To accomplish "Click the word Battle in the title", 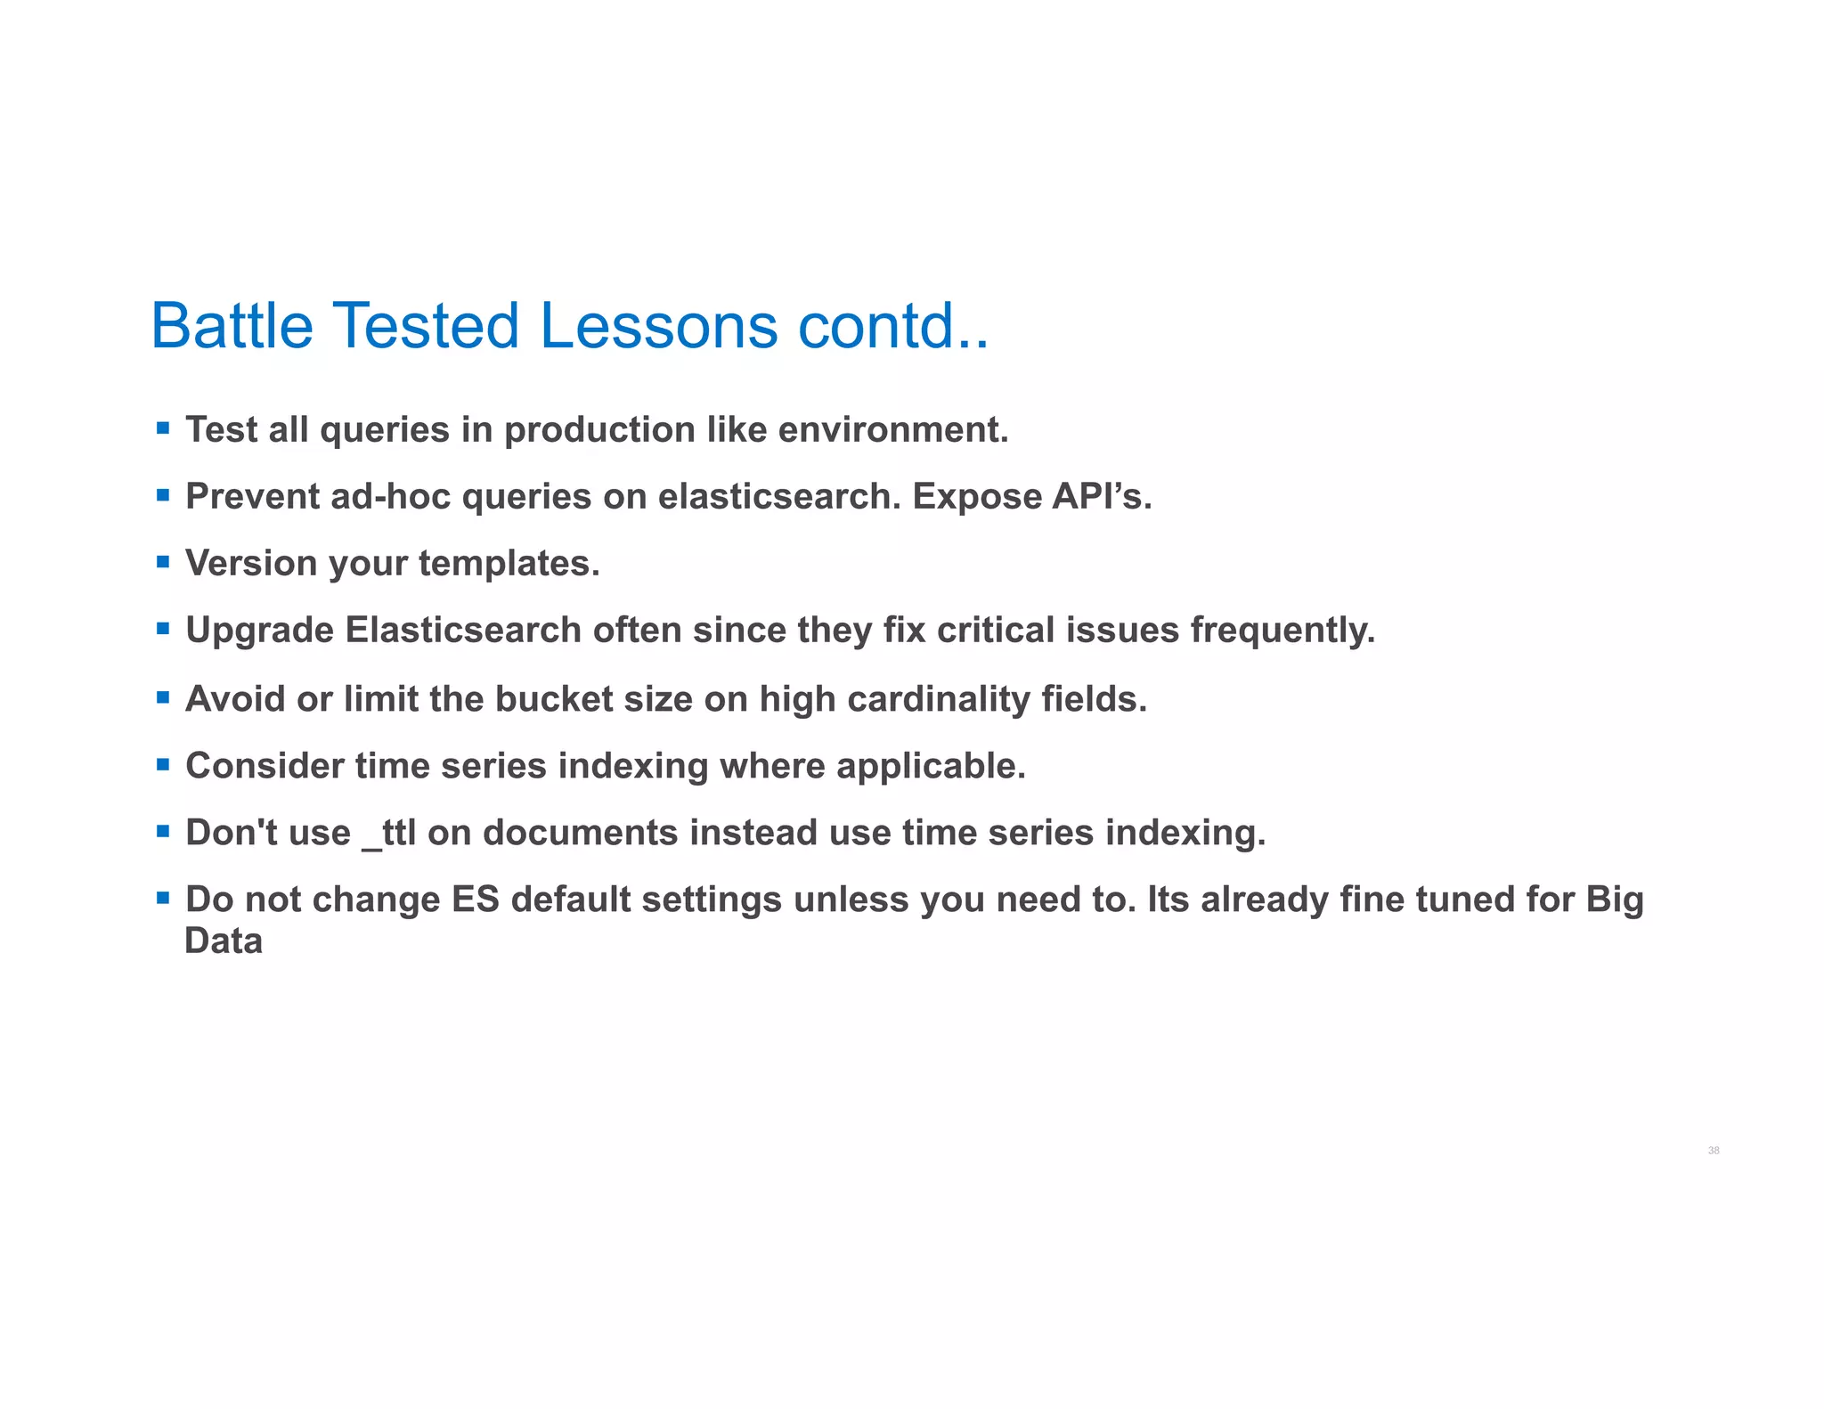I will click(232, 326).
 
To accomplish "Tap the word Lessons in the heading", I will click(658, 326).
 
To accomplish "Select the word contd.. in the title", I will click(892, 326).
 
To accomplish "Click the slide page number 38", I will click(1713, 1151).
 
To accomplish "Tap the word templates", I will click(509, 564).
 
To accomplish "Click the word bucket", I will click(553, 699).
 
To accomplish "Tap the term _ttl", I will click(389, 834).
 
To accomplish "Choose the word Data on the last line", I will click(224, 941).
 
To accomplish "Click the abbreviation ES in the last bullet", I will click(476, 900).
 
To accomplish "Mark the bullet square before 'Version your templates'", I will click(163, 562).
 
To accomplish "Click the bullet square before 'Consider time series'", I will click(163, 764).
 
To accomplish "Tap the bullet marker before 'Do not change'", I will click(163, 898).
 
